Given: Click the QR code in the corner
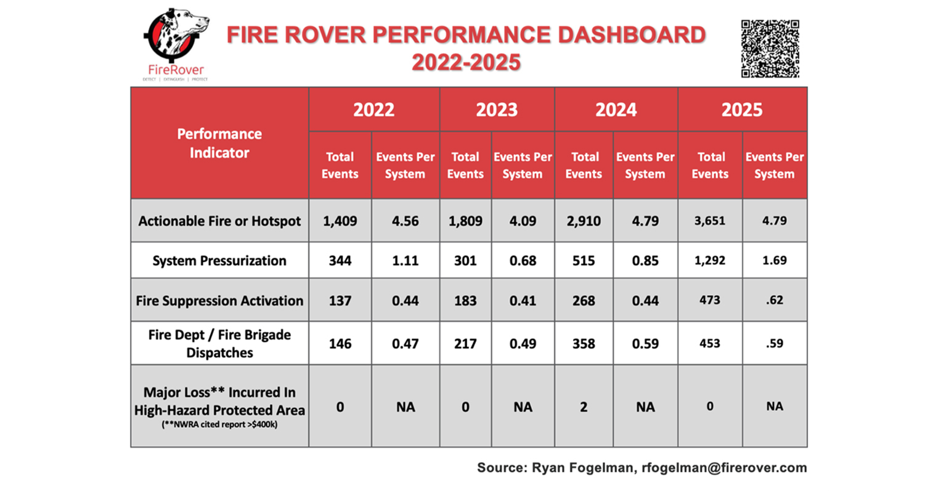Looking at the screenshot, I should tap(770, 49).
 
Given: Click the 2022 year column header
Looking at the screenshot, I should tap(373, 110).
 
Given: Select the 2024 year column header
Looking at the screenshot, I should tap(616, 110).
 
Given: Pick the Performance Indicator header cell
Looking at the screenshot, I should tap(219, 143).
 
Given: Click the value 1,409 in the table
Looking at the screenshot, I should tap(340, 221).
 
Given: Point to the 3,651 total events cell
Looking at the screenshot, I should tap(709, 221).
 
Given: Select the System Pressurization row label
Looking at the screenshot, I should tap(219, 261).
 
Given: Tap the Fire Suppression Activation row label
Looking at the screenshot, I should tap(219, 301).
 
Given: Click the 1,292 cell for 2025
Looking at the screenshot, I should tap(709, 260).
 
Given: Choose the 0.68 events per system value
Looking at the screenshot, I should tap(523, 261).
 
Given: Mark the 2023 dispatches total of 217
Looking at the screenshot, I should tap(465, 343).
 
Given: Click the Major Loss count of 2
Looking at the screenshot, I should tap(583, 407).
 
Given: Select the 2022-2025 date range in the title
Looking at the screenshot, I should tap(466, 62).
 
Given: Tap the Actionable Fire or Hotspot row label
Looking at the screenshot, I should tap(219, 221).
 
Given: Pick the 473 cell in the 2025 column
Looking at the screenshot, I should tap(709, 300).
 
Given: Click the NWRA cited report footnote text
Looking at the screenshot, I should tap(219, 425).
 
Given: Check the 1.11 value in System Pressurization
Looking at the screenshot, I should tap(405, 261).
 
